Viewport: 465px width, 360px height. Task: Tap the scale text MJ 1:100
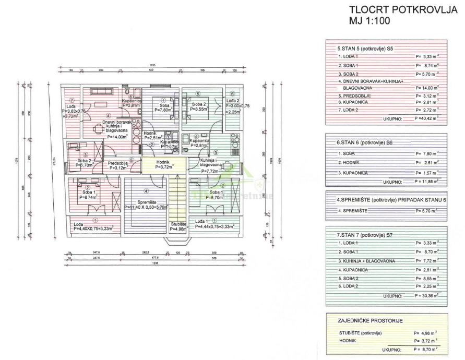click(369, 21)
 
